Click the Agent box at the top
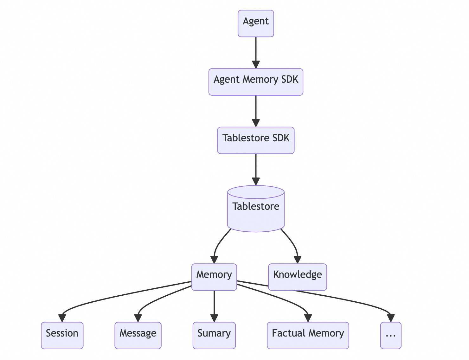tap(256, 23)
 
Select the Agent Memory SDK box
tap(256, 82)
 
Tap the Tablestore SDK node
tap(256, 140)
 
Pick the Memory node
tap(214, 277)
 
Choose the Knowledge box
tap(297, 277)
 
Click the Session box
tap(62, 335)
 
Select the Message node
tap(138, 335)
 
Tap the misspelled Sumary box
tap(214, 335)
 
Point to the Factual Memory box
tap(308, 335)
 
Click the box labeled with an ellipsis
tap(391, 335)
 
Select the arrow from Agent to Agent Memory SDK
tap(256, 51)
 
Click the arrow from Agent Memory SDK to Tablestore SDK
tap(256, 109)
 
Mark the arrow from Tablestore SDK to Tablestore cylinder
tap(256, 168)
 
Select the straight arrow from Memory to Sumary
tap(214, 304)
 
